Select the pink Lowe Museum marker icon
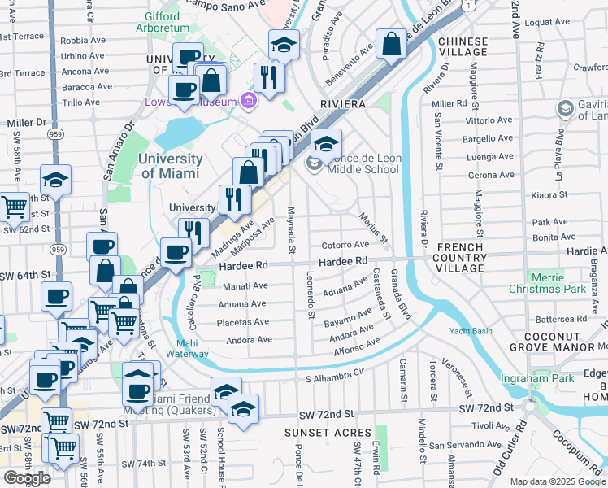pyautogui.click(x=249, y=101)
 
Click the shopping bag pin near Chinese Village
pyautogui.click(x=391, y=45)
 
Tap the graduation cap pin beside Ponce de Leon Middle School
pyautogui.click(x=326, y=145)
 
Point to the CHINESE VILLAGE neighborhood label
pyautogui.click(x=463, y=47)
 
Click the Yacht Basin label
pyautogui.click(x=471, y=331)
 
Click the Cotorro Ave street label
pyautogui.click(x=345, y=244)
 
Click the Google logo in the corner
pyautogui.click(x=27, y=478)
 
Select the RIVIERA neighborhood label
pyautogui.click(x=344, y=105)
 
